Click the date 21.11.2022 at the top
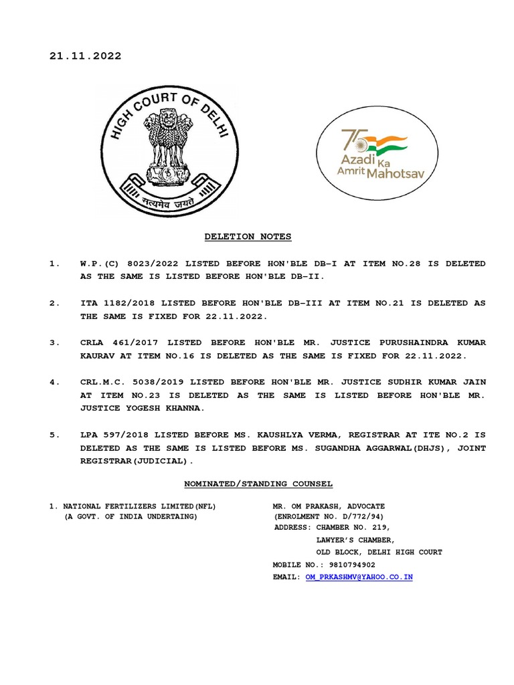[x=85, y=56]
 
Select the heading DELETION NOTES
[x=248, y=237]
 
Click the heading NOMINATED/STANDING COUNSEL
[x=258, y=484]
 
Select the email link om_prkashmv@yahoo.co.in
[x=359, y=577]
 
